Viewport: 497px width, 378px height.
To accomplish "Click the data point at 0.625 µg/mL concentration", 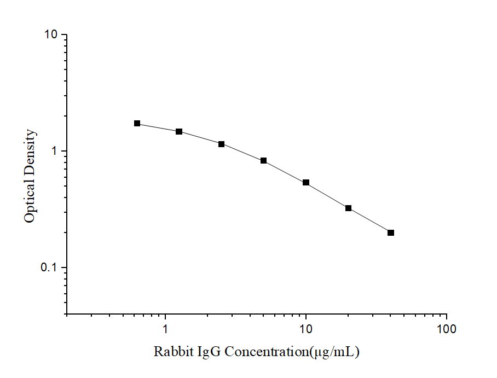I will (x=137, y=124).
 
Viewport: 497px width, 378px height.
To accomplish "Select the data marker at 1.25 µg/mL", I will (x=179, y=132).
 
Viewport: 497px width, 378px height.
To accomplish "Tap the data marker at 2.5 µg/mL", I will (x=222, y=144).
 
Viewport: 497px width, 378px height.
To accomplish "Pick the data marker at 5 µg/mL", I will (x=264, y=161).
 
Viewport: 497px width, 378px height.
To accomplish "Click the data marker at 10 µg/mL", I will (x=306, y=183).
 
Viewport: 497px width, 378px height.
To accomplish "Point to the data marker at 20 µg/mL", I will (x=348, y=208).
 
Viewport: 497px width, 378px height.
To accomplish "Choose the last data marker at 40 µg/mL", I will (x=391, y=233).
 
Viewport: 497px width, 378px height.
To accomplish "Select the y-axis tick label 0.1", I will (x=50, y=268).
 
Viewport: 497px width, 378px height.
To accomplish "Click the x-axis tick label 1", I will (x=165, y=329).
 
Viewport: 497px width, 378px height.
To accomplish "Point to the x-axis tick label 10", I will (x=306, y=329).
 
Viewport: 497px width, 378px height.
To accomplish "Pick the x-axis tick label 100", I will (x=447, y=329).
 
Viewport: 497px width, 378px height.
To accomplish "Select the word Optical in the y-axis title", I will (x=31, y=203).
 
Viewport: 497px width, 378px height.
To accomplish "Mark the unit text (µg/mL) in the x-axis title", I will (x=334, y=352).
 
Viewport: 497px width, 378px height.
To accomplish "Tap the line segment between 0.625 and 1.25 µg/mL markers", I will (x=158, y=127).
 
